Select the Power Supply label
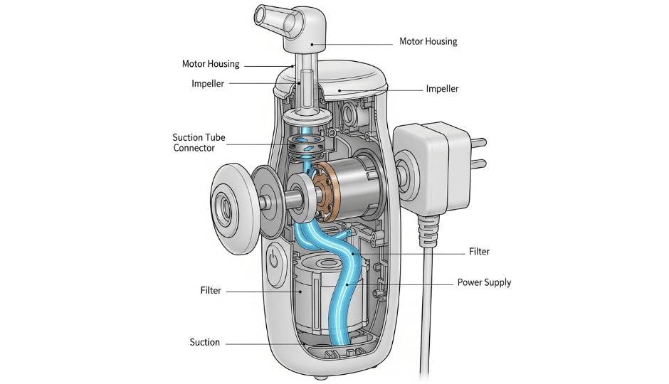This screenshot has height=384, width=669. [x=483, y=282]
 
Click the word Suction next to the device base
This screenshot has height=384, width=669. [x=204, y=342]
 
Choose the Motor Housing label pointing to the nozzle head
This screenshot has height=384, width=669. [x=428, y=41]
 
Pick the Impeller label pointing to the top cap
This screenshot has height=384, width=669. [x=442, y=89]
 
